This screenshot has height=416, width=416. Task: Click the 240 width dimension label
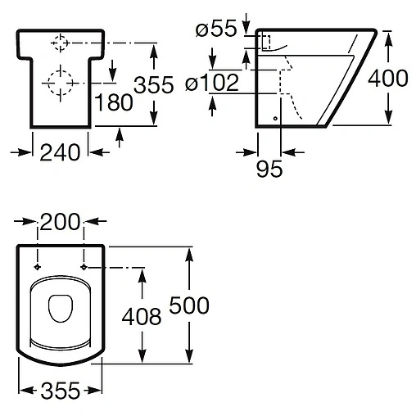point(60,152)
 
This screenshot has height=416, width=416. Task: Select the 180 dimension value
point(113,102)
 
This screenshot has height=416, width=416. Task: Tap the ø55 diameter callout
point(216,28)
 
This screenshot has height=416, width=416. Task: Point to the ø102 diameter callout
point(212,82)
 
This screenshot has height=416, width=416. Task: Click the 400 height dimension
point(388,79)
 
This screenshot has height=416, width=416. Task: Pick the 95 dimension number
point(269,169)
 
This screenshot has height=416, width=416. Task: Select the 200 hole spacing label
point(61,222)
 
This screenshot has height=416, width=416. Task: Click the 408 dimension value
point(142,317)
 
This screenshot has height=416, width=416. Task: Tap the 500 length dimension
point(189,305)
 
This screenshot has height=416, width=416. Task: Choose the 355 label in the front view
point(154,84)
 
